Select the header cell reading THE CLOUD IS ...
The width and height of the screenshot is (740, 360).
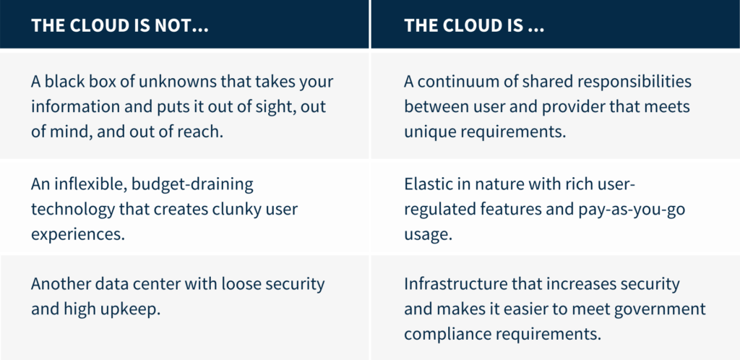click(x=556, y=24)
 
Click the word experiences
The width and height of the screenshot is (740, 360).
click(x=78, y=234)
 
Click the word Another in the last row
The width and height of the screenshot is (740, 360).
click(x=61, y=285)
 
